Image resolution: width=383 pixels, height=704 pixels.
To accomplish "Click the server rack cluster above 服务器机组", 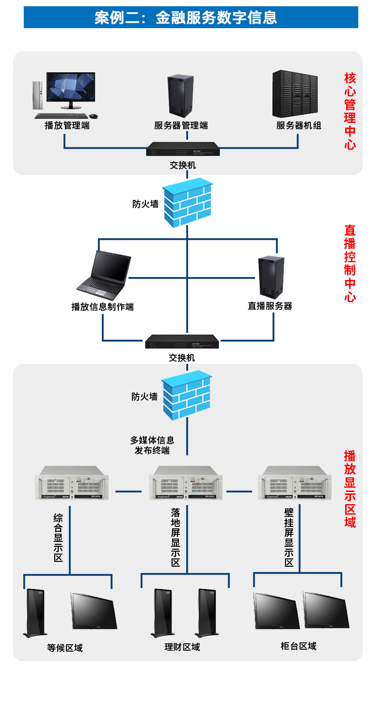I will (x=295, y=94).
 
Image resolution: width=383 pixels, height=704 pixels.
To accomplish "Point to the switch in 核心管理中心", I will (x=183, y=149).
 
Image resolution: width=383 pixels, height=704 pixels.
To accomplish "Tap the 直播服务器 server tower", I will (x=271, y=277).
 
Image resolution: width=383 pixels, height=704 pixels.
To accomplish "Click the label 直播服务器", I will (x=270, y=306).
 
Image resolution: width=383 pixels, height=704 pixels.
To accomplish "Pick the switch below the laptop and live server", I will (x=182, y=342).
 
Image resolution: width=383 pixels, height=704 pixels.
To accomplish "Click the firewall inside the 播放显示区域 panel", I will (x=187, y=395).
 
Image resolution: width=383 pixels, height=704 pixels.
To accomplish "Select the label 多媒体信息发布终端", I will (x=152, y=445).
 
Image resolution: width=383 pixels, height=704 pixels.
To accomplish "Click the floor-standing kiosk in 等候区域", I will (x=35, y=613).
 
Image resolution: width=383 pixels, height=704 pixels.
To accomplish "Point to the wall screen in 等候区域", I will (x=94, y=610).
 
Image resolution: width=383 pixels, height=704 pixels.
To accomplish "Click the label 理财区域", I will (x=182, y=647).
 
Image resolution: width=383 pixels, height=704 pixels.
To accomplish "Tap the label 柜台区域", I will (x=298, y=646).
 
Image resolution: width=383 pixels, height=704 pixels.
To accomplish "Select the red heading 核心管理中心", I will (x=350, y=112).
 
